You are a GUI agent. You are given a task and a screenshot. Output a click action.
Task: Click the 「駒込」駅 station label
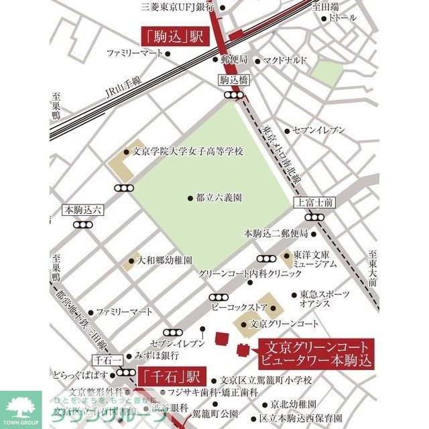point(172,36)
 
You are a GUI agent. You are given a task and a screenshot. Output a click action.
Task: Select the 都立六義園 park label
point(219,198)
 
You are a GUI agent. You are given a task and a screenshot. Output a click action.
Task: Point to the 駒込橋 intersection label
point(233,80)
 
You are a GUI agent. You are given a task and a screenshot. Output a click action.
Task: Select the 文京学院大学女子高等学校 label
point(188,151)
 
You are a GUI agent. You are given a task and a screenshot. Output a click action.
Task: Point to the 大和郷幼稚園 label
point(165,259)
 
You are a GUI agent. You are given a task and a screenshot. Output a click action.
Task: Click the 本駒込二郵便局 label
point(275,233)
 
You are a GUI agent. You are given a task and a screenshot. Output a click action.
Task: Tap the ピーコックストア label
point(239,307)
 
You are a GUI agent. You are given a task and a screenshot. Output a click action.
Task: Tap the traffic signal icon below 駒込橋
point(233,95)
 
